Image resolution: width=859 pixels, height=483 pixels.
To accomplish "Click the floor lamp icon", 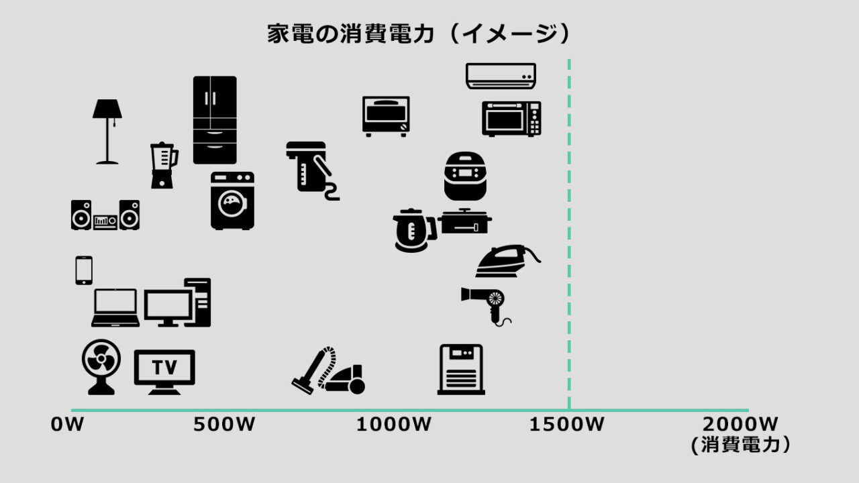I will tap(107, 131).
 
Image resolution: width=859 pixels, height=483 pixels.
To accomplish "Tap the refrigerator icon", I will tap(215, 119).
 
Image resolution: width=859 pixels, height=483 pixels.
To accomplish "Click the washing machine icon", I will tap(232, 201).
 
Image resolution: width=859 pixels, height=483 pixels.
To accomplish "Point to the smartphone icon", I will tap(84, 270).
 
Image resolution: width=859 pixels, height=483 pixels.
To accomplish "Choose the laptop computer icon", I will tap(115, 308).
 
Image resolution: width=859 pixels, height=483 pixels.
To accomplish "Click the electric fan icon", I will tap(101, 366).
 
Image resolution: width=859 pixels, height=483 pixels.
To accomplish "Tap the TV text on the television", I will tap(164, 367).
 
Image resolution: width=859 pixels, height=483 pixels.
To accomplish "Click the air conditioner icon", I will tap(501, 76).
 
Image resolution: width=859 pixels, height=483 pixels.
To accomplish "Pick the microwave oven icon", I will tap(511, 119).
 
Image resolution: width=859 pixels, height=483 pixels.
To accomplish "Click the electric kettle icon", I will tap(413, 230).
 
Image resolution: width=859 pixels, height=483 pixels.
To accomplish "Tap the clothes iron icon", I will tap(507, 261).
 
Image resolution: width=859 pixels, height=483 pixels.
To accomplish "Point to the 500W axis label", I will tap(224, 425).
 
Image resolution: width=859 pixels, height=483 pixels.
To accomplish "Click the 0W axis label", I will tap(68, 425).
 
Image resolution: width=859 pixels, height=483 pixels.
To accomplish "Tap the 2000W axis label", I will tap(741, 425).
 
